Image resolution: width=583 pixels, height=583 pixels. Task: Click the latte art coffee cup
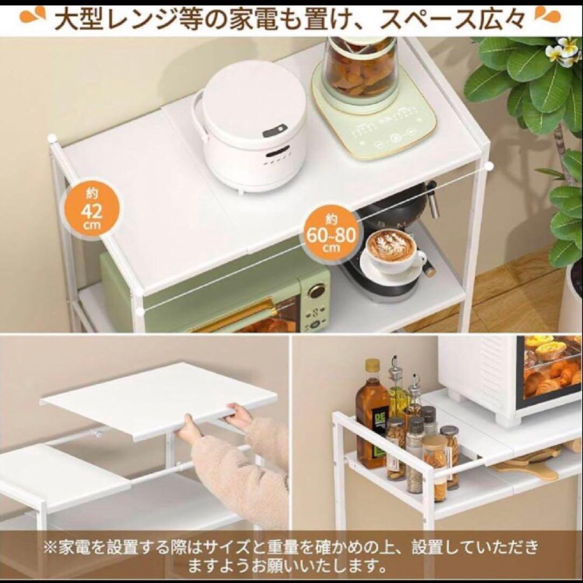(389, 248)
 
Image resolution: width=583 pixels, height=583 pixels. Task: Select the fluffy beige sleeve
(238, 475)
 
